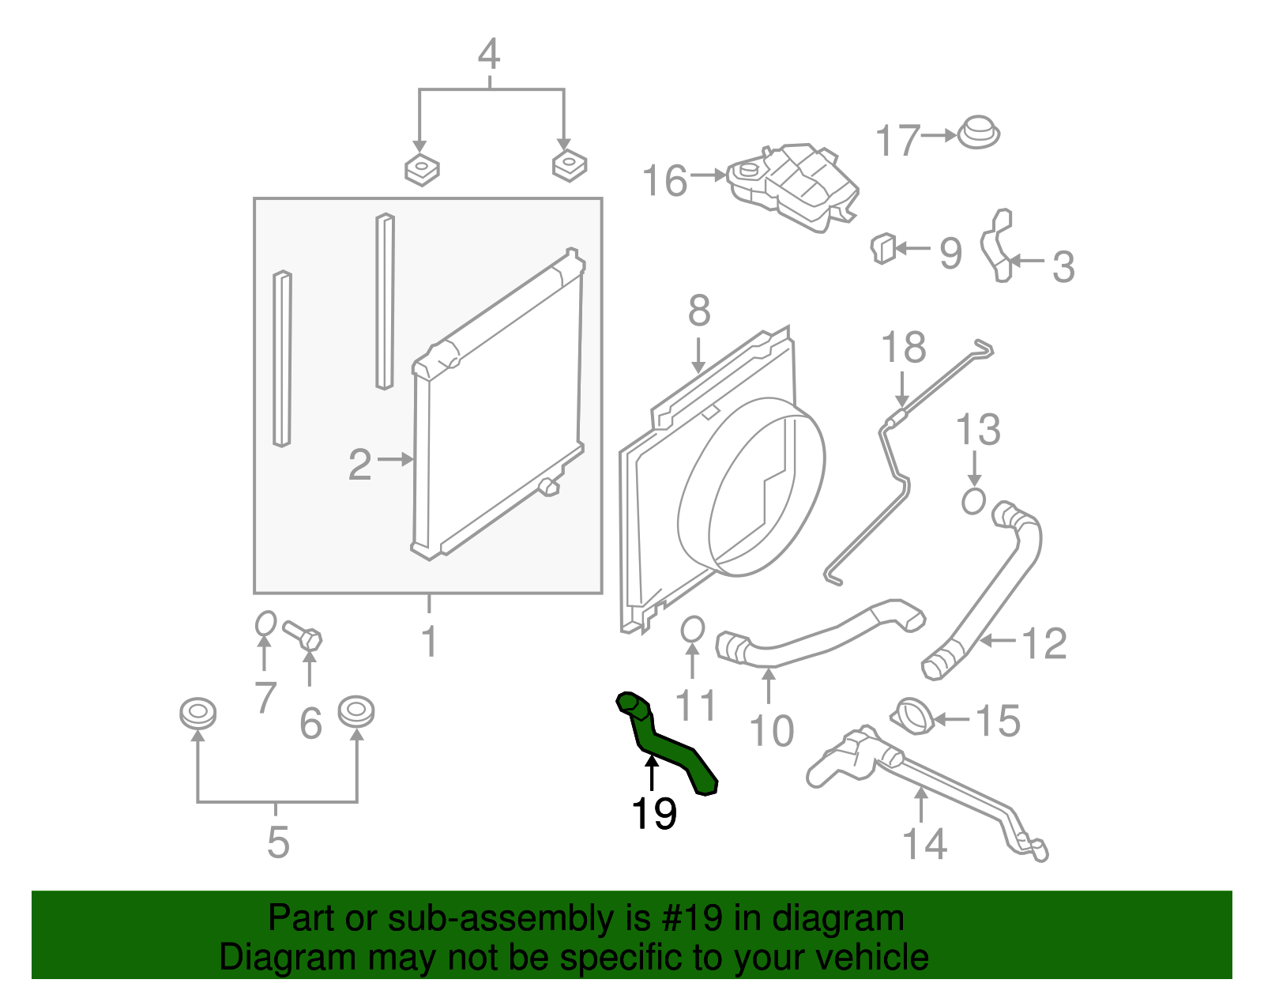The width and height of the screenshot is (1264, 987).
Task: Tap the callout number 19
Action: [x=653, y=813]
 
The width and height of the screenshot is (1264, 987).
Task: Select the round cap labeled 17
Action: [x=979, y=134]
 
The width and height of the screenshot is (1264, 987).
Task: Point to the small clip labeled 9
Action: [x=882, y=248]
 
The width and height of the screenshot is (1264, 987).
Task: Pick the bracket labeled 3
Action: [x=997, y=247]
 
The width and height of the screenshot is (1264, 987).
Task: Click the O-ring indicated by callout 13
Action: [x=973, y=501]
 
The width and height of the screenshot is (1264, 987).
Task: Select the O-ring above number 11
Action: [x=692, y=629]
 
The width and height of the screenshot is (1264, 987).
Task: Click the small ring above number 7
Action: [x=265, y=623]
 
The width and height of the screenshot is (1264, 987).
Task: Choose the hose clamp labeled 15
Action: [x=914, y=717]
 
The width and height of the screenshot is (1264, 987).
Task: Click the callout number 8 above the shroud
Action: [x=698, y=311]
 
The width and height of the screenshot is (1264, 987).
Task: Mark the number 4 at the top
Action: [x=489, y=55]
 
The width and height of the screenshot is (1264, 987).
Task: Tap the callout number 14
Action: [x=924, y=844]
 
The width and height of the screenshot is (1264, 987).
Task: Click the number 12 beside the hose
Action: [x=1044, y=644]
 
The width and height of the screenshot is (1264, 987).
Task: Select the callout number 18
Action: [x=904, y=348]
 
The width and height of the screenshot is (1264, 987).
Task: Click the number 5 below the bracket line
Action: [x=277, y=842]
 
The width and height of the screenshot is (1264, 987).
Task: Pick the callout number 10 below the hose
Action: [x=771, y=731]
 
